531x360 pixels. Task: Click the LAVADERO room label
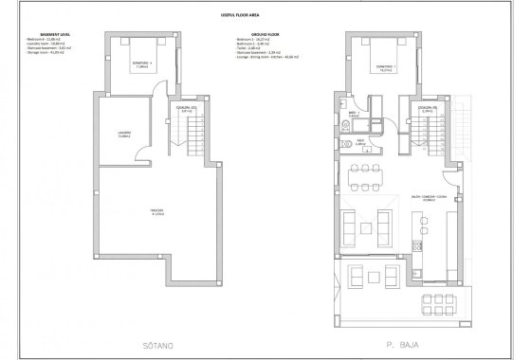tap(123, 134)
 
